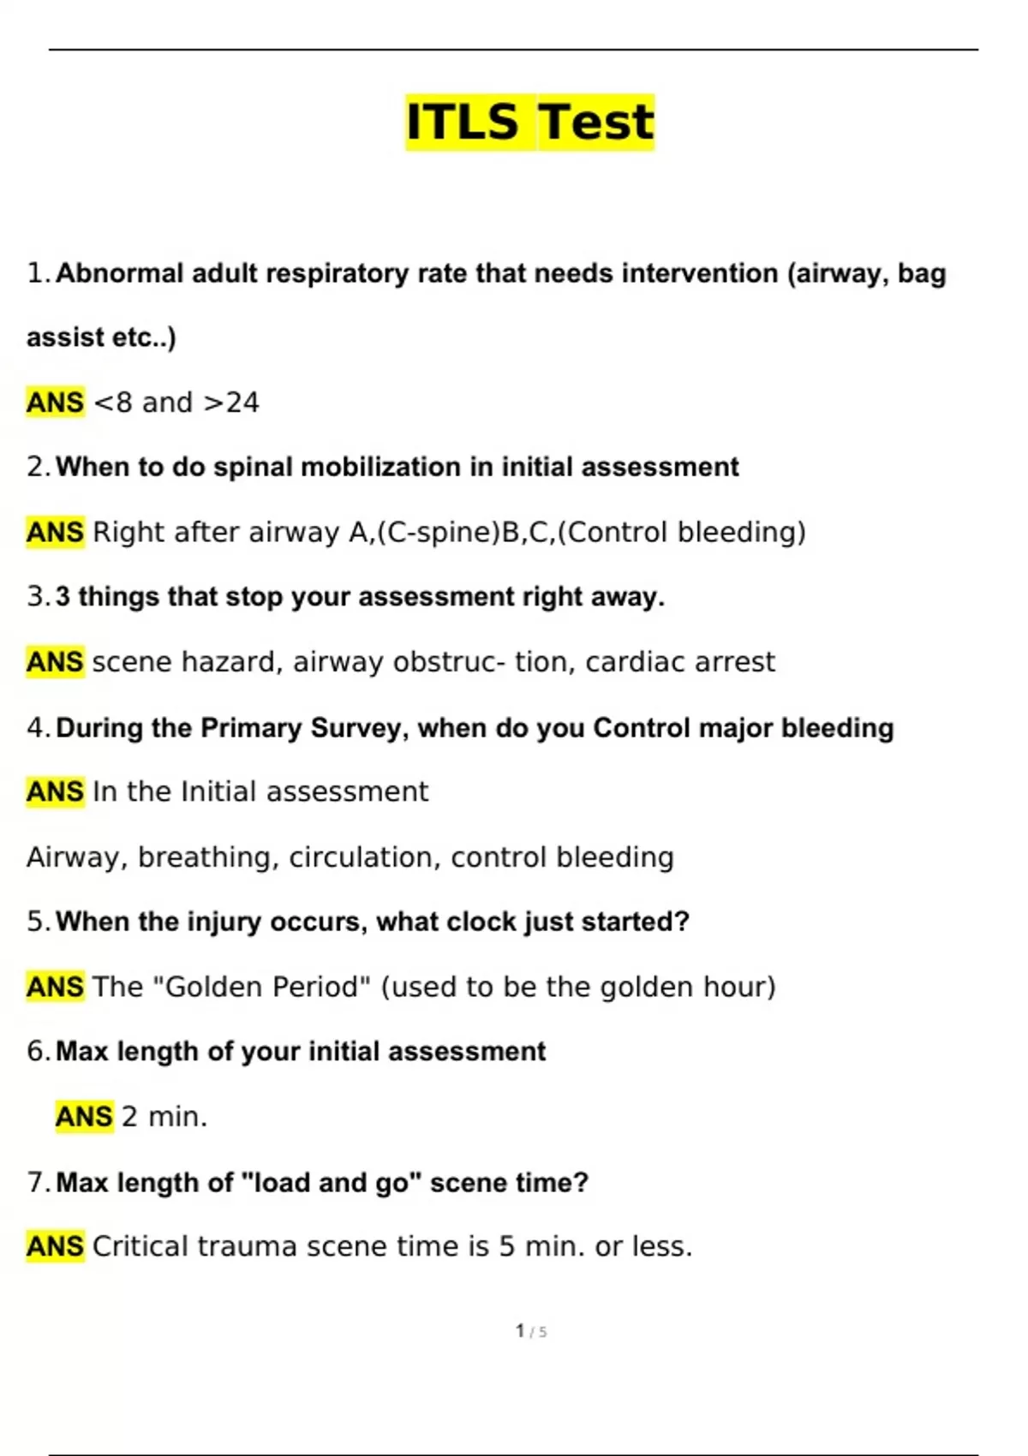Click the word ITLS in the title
tap(463, 122)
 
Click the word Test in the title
tap(596, 122)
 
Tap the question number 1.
tap(38, 273)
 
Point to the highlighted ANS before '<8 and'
tap(56, 403)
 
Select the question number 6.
tap(38, 1051)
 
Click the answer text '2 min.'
tap(164, 1117)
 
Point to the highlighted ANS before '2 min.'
tap(84, 1117)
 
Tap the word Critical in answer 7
tap(140, 1246)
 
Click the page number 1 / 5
tap(531, 1331)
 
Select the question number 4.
tap(38, 728)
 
